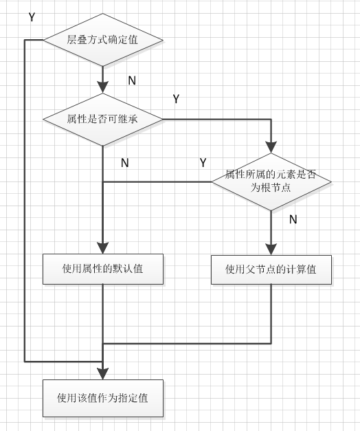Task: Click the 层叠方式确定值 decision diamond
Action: pyautogui.click(x=102, y=40)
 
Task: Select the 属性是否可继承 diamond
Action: pyautogui.click(x=102, y=120)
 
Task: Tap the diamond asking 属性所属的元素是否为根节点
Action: pyautogui.click(x=271, y=181)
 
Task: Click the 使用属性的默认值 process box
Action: pyautogui.click(x=102, y=269)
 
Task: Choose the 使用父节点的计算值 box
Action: pyautogui.click(x=271, y=269)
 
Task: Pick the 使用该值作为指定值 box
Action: pyautogui.click(x=102, y=398)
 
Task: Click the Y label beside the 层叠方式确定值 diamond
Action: pyautogui.click(x=32, y=17)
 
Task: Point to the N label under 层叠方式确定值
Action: pyautogui.click(x=132, y=81)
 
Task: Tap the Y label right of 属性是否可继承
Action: pyautogui.click(x=176, y=100)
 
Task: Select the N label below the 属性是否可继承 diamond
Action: pyautogui.click(x=124, y=163)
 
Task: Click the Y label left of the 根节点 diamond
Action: pyautogui.click(x=203, y=163)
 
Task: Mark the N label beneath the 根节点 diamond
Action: pyautogui.click(x=293, y=220)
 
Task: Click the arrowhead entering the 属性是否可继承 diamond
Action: pyautogui.click(x=102, y=87)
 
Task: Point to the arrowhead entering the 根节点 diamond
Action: pyautogui.click(x=271, y=146)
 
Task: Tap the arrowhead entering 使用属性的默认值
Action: pyautogui.click(x=102, y=249)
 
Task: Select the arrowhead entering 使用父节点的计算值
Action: pyautogui.click(x=271, y=249)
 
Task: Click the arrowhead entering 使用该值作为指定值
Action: pyautogui.click(x=102, y=373)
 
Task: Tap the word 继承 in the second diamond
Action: pyautogui.click(x=131, y=120)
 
